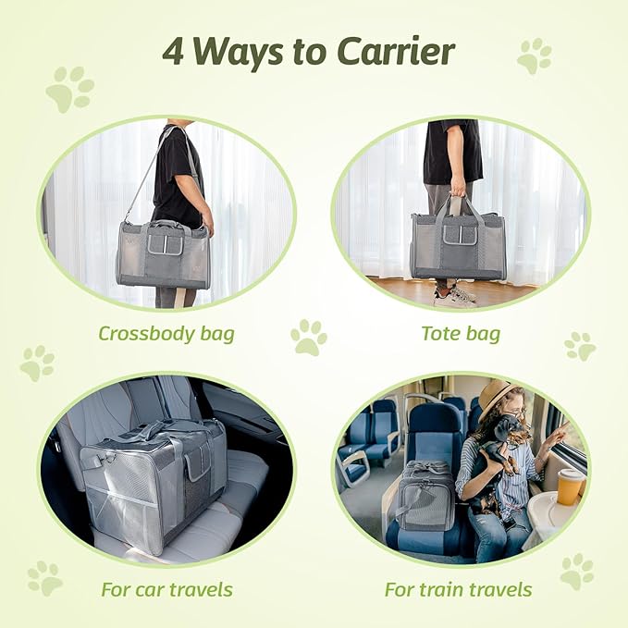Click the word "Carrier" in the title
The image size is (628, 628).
399,52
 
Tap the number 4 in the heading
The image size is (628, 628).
173,52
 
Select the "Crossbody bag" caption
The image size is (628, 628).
167,332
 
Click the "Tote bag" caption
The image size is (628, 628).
460,332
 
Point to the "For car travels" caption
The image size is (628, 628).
167,588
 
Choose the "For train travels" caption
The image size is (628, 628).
460,588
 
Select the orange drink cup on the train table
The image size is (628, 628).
570,486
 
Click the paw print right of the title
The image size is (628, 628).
534,55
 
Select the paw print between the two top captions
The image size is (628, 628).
308,338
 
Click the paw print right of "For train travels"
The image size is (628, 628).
577,572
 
